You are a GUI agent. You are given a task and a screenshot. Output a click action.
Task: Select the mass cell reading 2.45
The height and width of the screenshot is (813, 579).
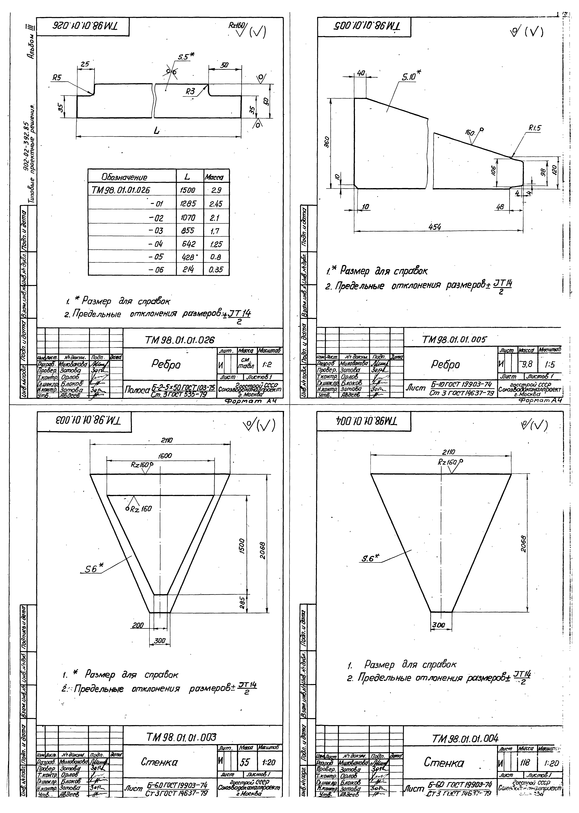[x=216, y=204]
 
